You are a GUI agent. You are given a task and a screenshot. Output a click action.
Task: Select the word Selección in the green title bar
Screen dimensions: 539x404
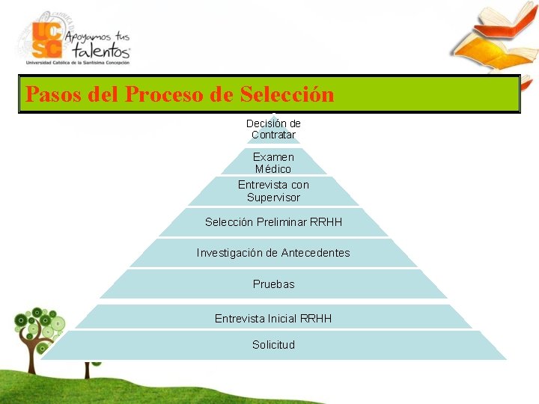pyautogui.click(x=287, y=95)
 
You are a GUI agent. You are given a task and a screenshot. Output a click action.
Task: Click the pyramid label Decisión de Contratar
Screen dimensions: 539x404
pyautogui.click(x=273, y=129)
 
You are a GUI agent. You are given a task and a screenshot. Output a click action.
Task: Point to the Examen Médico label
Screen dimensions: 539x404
pyautogui.click(x=273, y=163)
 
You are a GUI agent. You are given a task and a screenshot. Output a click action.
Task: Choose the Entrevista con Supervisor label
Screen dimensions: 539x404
pyautogui.click(x=273, y=191)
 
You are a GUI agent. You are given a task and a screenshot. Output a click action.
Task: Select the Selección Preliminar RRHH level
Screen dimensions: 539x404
pyautogui.click(x=273, y=222)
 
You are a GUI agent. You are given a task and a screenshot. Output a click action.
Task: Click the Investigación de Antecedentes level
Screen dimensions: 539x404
pyautogui.click(x=273, y=253)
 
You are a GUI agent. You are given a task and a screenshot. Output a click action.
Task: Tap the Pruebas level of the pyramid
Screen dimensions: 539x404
pyautogui.click(x=273, y=284)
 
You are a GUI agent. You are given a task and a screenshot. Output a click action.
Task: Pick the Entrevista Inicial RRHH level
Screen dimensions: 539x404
pyautogui.click(x=273, y=319)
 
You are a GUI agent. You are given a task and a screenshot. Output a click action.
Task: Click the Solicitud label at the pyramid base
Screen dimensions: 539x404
pyautogui.click(x=273, y=345)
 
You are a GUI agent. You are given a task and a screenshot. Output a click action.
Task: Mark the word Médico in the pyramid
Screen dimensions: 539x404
pyautogui.click(x=273, y=170)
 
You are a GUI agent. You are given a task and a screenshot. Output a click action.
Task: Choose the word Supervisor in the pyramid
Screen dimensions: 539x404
pyautogui.click(x=273, y=198)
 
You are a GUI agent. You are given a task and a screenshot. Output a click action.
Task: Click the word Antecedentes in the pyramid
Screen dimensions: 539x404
pyautogui.click(x=315, y=253)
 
